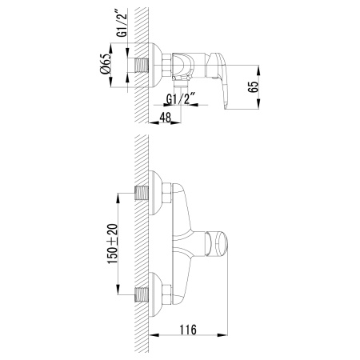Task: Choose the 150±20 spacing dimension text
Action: pos(112,242)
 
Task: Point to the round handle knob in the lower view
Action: pos(219,242)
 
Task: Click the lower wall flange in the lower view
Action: pos(159,292)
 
